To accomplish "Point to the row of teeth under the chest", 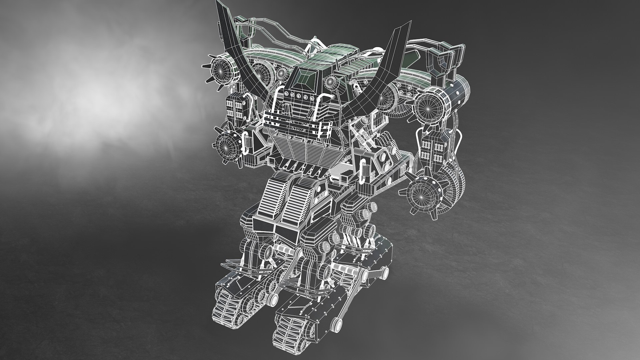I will coord(302,167).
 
